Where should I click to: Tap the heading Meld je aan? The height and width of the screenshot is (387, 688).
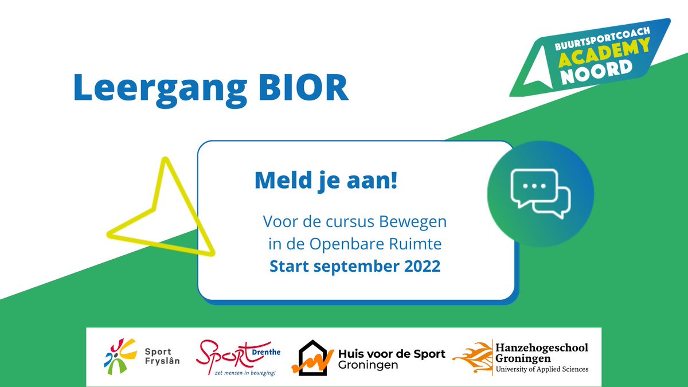(326, 181)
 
